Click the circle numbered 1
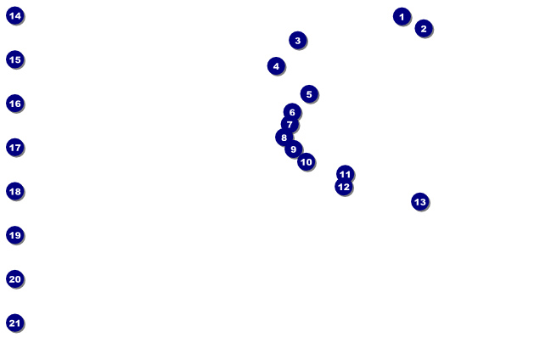(402, 16)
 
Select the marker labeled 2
(424, 28)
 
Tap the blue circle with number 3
(297, 40)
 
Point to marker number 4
(276, 65)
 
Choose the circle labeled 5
(309, 93)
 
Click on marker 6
(292, 111)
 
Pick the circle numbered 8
(284, 137)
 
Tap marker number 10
(307, 161)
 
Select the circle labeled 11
(345, 173)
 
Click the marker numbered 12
(343, 187)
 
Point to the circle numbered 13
(419, 201)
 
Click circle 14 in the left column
(14, 15)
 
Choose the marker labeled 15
(14, 59)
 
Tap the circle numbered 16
(14, 103)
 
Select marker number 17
(14, 147)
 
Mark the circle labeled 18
(14, 191)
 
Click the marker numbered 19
(14, 234)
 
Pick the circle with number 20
(14, 278)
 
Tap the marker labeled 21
(14, 323)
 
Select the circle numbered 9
(294, 149)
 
